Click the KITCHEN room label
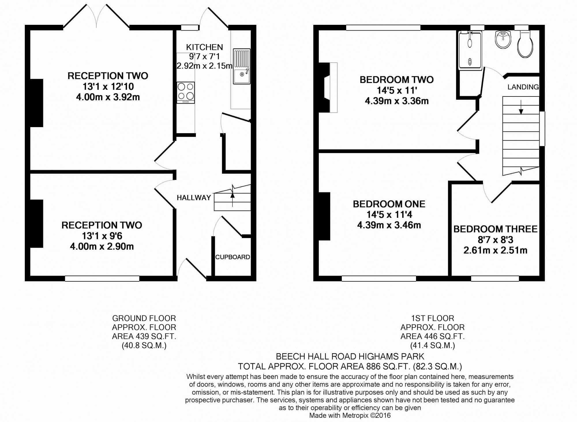click(x=204, y=47)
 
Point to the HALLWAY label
click(x=194, y=198)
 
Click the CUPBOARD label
click(x=233, y=257)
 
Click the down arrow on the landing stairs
click(x=521, y=107)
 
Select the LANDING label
click(x=523, y=87)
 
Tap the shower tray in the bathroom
click(x=470, y=51)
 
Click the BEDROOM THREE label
click(x=495, y=229)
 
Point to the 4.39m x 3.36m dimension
click(x=397, y=101)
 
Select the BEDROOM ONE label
click(x=389, y=204)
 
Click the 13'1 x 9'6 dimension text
click(x=102, y=236)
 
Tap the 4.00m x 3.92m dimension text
click(x=108, y=97)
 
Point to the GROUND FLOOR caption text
click(x=144, y=318)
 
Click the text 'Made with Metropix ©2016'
click(x=350, y=416)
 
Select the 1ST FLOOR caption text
click(x=432, y=318)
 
